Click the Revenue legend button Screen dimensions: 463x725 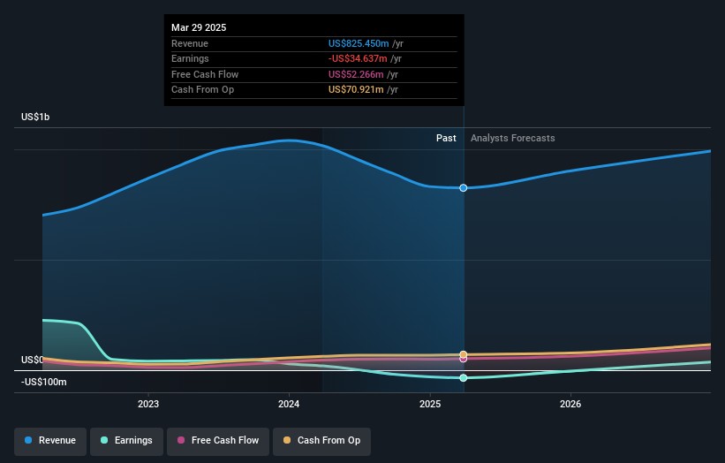(50, 440)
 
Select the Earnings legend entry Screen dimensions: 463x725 (126, 440)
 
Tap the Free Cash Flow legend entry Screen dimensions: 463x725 (218, 440)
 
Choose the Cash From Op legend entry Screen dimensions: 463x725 (321, 440)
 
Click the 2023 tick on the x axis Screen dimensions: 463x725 (148, 405)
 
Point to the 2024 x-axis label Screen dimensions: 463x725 (289, 405)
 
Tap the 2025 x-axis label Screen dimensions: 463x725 (430, 405)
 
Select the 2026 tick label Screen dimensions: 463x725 (570, 405)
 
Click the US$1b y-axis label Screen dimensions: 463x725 (36, 118)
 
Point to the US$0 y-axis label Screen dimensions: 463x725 (33, 360)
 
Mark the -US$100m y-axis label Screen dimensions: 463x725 (45, 382)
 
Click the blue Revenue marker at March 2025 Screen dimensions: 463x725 (464, 188)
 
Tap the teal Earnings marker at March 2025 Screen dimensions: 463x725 (464, 378)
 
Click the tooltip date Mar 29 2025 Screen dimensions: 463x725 (199, 27)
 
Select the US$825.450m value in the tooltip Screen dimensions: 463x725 (359, 43)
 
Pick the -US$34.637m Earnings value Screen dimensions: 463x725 (358, 59)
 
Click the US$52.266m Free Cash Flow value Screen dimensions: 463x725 (356, 74)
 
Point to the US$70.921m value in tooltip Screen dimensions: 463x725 (356, 89)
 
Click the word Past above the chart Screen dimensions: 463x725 (446, 138)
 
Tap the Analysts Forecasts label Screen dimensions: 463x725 (513, 138)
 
